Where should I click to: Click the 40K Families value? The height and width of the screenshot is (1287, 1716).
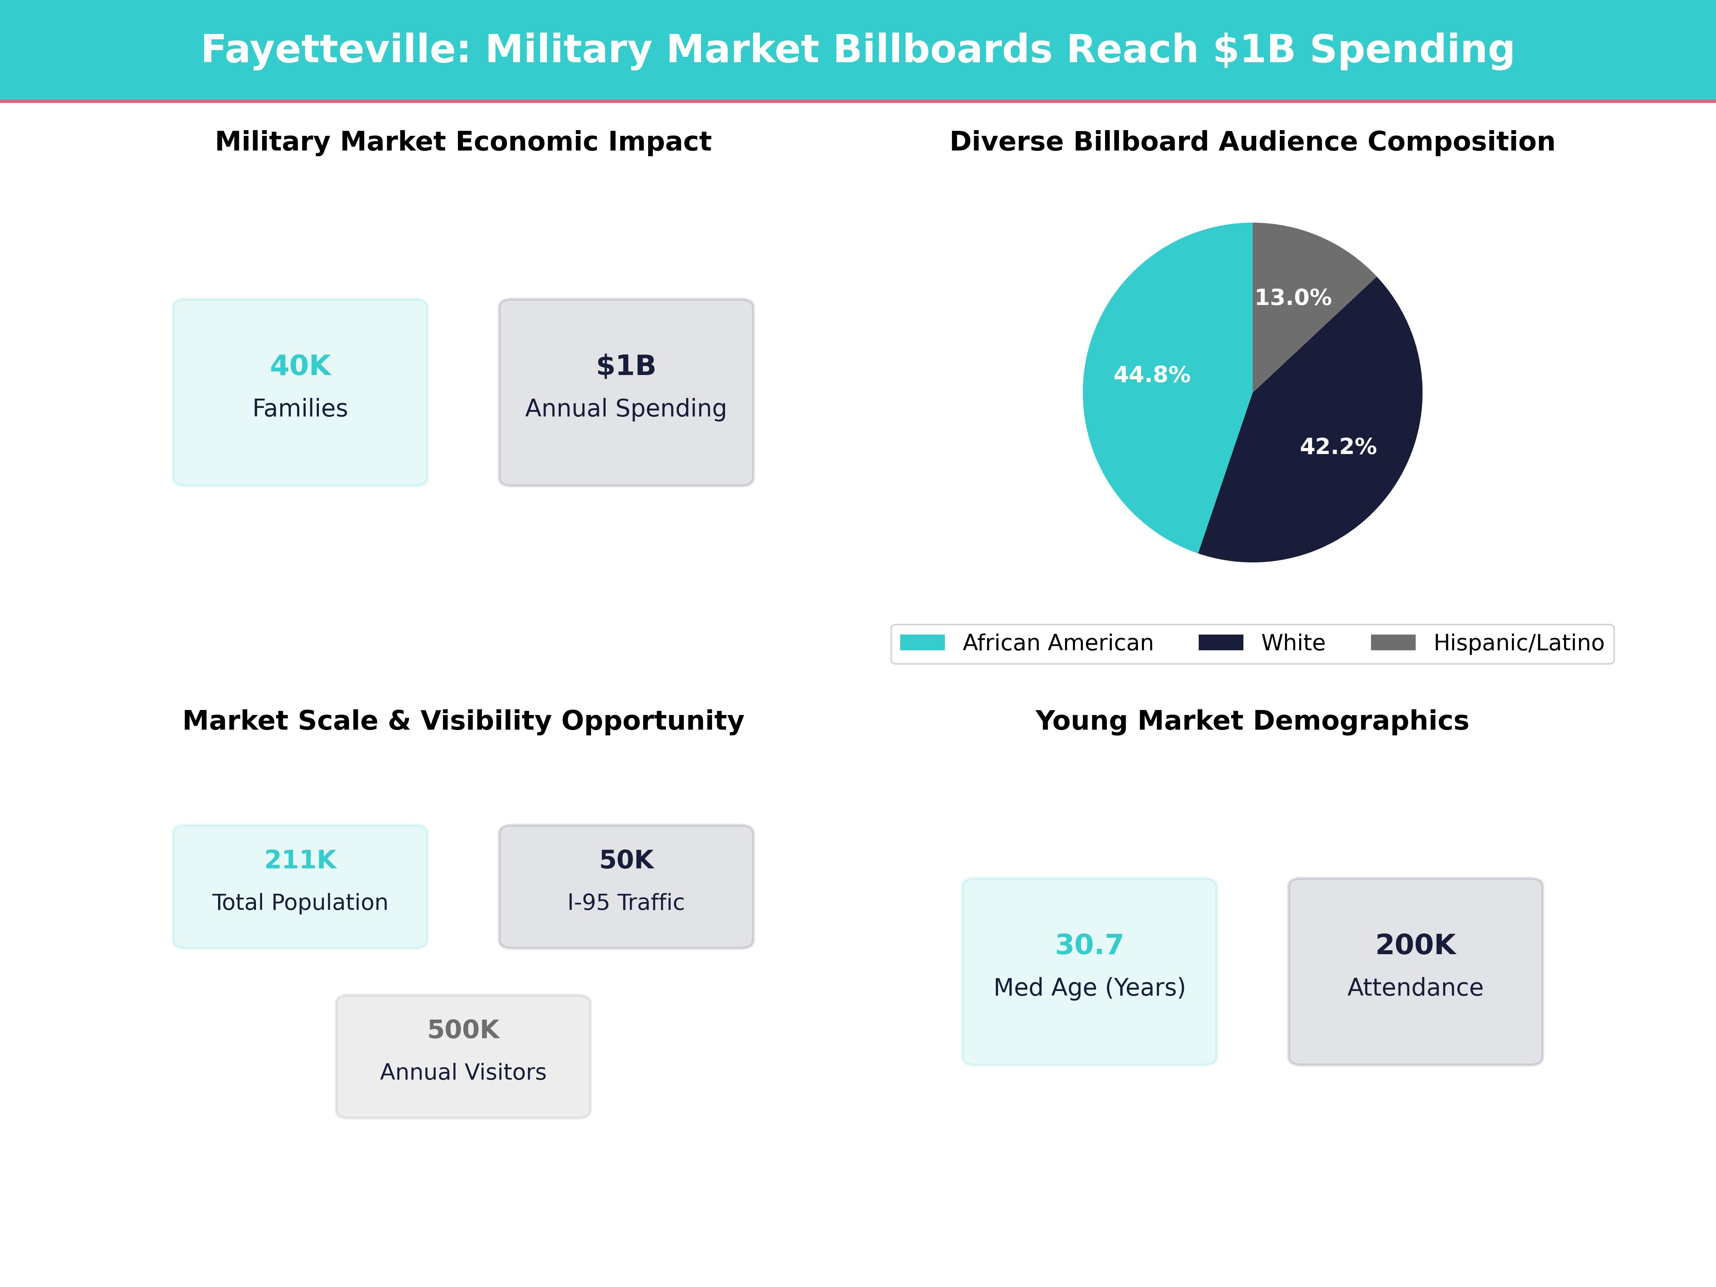pyautogui.click(x=300, y=365)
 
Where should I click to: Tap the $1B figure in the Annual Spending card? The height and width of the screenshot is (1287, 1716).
pyautogui.click(x=626, y=365)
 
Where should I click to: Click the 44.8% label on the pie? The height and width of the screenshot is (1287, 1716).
pyautogui.click(x=1152, y=375)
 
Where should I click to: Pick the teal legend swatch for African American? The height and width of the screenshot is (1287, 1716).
pyautogui.click(x=922, y=642)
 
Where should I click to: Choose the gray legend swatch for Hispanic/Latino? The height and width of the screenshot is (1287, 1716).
pyautogui.click(x=1393, y=642)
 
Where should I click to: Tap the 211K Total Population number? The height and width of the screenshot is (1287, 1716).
pyautogui.click(x=300, y=859)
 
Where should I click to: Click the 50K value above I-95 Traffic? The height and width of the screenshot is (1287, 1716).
pyautogui.click(x=626, y=859)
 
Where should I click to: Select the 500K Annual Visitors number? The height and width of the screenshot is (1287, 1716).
pyautogui.click(x=463, y=1030)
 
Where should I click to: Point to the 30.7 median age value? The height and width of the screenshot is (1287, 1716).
pyautogui.click(x=1089, y=944)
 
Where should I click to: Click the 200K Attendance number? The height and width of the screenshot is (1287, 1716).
pyautogui.click(x=1415, y=944)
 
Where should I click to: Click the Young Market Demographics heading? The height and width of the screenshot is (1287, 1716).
pyautogui.click(x=1252, y=721)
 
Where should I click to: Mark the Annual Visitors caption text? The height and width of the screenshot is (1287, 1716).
pyautogui.click(x=463, y=1072)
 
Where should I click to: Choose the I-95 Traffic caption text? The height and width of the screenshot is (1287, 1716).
pyautogui.click(x=626, y=902)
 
